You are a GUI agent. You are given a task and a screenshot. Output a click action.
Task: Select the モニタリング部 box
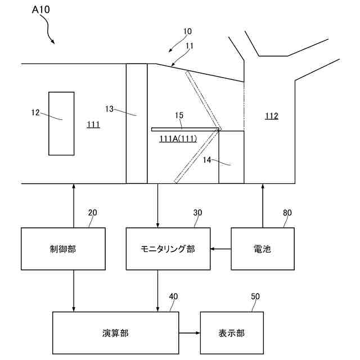click(x=168, y=249)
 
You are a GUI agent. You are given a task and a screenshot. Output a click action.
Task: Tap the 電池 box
click(x=263, y=249)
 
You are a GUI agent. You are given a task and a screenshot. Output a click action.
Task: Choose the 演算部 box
click(x=116, y=333)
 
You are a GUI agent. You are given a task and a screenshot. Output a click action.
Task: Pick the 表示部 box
click(x=231, y=333)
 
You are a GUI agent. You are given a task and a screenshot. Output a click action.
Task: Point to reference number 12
click(x=35, y=112)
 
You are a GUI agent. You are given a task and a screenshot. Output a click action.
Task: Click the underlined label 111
click(x=93, y=124)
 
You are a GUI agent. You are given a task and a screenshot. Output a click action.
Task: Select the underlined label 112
click(x=272, y=116)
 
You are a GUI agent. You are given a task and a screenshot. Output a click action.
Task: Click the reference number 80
click(x=287, y=213)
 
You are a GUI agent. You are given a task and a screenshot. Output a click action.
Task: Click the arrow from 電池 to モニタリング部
click(x=221, y=249)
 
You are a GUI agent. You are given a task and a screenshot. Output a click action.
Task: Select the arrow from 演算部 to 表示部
click(x=190, y=333)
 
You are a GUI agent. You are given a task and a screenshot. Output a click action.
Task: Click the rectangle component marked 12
click(x=61, y=123)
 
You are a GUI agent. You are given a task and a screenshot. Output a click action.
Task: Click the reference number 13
click(x=110, y=109)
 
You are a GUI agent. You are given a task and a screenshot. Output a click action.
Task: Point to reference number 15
click(x=179, y=115)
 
